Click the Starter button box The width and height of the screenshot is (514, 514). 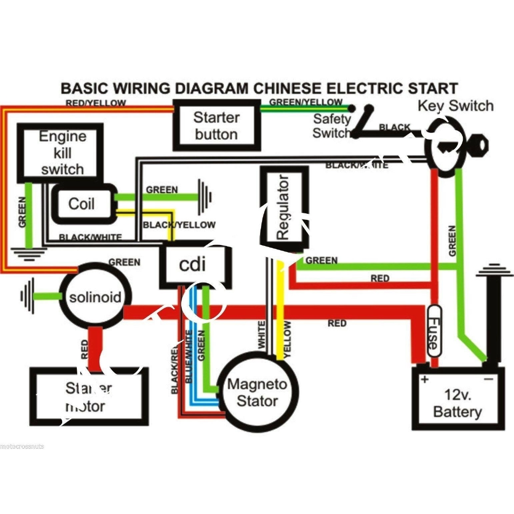point(216,125)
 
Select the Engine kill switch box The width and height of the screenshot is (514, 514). point(61,153)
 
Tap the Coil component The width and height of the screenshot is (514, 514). point(82,204)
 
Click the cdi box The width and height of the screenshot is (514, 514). point(193,265)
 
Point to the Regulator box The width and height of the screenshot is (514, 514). point(284,207)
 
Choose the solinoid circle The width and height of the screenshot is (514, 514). point(95,297)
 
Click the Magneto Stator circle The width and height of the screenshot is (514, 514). point(257,393)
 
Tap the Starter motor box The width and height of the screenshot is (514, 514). point(88,397)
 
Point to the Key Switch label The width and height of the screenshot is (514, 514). point(455,106)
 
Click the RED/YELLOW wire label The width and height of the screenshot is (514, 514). point(96,103)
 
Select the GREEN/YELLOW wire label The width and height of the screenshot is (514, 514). point(305,102)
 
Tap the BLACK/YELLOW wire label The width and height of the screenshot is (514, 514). point(179,225)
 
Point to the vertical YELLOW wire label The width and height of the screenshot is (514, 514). point(287,339)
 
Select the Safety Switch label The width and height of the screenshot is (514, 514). point(331,126)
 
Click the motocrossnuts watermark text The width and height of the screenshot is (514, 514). point(22,446)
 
